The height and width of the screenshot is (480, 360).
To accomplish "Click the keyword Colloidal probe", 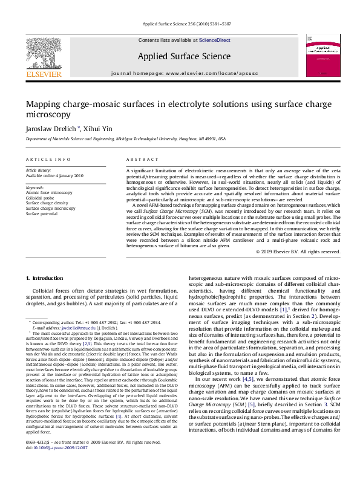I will pos(41,197).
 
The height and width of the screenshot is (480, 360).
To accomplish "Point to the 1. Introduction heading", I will pos(46,277).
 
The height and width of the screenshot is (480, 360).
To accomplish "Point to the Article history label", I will pos(39,170).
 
